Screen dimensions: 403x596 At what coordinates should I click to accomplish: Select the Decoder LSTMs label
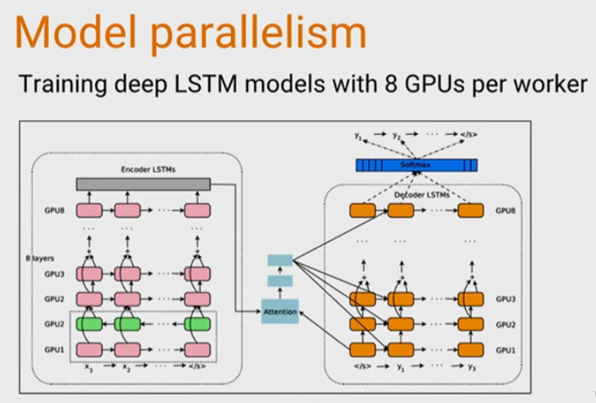coord(409,195)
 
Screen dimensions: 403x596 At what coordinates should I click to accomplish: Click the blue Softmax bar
coord(416,165)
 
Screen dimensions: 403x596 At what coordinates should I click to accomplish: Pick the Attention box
coord(280,311)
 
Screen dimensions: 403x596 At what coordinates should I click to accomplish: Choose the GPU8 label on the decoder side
coord(506,211)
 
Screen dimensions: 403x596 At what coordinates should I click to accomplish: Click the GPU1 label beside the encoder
coord(53,350)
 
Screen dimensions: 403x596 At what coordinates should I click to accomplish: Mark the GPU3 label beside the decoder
coord(506,299)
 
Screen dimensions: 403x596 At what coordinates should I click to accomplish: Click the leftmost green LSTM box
coord(89,324)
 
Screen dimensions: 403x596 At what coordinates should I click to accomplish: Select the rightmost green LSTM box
coord(198,324)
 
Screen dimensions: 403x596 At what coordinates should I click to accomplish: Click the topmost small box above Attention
coord(280,260)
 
